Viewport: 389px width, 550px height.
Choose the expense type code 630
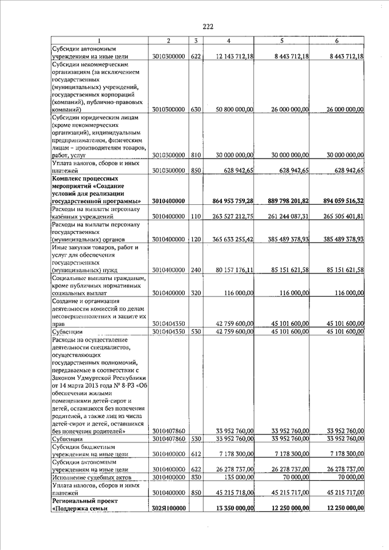pos(195,109)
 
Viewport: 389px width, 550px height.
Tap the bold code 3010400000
pos(168,201)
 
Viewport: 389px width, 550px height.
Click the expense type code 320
pos(195,293)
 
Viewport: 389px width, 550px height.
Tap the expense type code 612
pos(195,454)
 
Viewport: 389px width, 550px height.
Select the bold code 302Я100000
pos(168,508)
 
